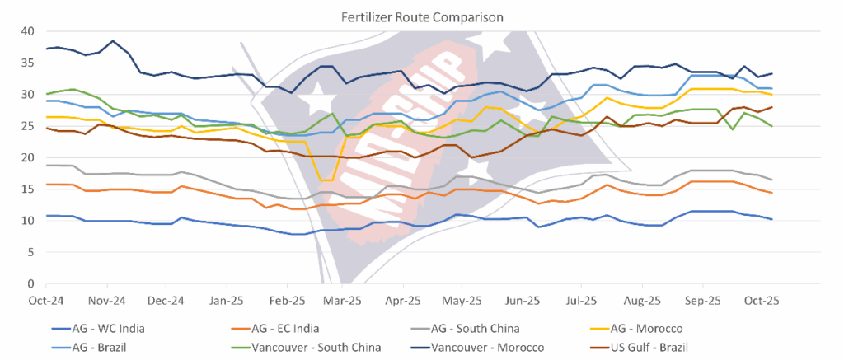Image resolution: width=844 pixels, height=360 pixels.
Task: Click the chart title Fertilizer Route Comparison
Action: pos(422,16)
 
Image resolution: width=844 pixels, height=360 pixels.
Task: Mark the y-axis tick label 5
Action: pos(31,252)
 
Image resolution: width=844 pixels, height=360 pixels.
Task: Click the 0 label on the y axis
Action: pos(31,284)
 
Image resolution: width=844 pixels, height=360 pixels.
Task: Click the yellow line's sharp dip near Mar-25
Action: pos(326,180)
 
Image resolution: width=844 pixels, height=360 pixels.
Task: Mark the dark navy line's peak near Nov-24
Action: pos(113,41)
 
